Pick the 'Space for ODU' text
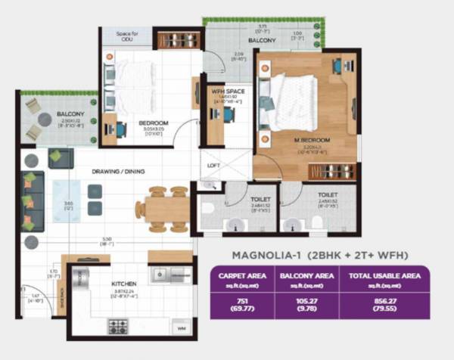[x=126, y=36]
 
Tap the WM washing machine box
[x=181, y=329]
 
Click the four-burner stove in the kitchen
[x=117, y=327]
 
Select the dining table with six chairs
[x=166, y=208]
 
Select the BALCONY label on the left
[x=70, y=115]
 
